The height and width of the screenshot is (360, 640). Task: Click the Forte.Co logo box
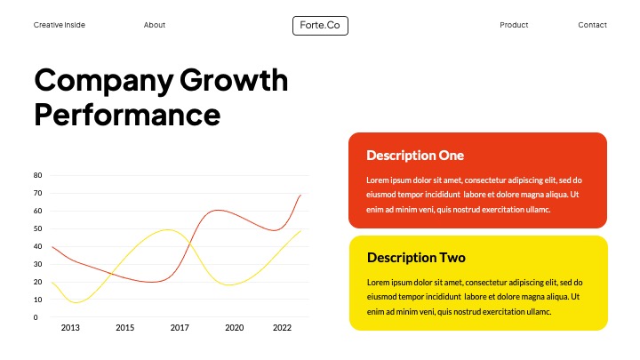coord(320,26)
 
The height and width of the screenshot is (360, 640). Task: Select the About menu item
coord(155,25)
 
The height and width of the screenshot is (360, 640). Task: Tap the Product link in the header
coord(514,25)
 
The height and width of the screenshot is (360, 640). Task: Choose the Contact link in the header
coord(592,25)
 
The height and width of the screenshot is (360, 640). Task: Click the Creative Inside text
coord(60,25)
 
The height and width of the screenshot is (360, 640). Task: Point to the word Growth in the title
coord(234,80)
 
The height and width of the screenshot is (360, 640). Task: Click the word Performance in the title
coord(127,115)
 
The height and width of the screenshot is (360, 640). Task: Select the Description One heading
coord(415,156)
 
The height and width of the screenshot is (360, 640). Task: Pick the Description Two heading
coord(416,258)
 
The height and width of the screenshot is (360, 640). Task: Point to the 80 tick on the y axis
coord(37,175)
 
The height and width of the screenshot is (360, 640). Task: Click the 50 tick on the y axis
coord(37,228)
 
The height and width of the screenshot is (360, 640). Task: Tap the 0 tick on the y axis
coord(36,317)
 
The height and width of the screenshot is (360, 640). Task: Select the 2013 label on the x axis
coord(70,328)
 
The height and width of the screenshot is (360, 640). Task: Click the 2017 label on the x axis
coord(180,328)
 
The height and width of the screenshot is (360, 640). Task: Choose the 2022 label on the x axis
coord(282,328)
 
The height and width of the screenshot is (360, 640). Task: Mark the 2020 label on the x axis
coord(234,328)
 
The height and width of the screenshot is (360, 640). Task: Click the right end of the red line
coord(300,195)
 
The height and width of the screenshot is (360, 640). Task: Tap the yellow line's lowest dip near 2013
coord(76,302)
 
